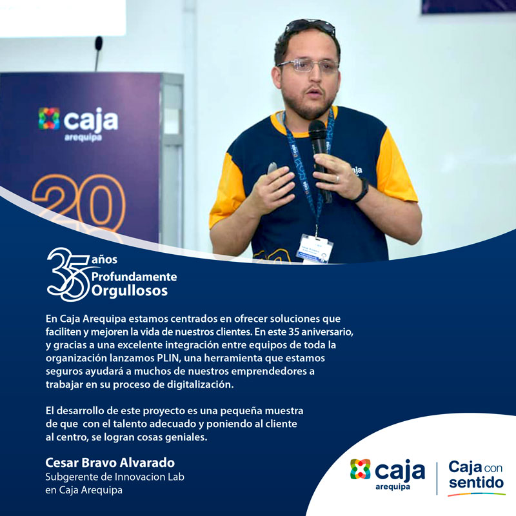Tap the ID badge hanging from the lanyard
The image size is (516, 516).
click(x=314, y=249)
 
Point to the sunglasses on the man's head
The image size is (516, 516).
click(x=310, y=26)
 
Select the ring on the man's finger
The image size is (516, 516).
click(x=337, y=179)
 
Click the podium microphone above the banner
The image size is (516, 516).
click(x=98, y=54)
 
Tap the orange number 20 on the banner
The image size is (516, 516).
click(x=79, y=201)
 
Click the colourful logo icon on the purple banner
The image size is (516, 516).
click(x=49, y=119)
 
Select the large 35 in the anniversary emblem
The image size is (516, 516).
click(x=68, y=274)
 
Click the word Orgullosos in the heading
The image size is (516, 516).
click(x=130, y=291)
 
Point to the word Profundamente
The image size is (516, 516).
click(x=134, y=277)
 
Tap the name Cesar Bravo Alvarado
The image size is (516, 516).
click(x=110, y=462)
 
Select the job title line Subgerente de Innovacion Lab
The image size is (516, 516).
click(x=115, y=477)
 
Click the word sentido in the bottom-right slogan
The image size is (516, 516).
click(x=476, y=482)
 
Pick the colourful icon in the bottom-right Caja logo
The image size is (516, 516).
click(x=360, y=469)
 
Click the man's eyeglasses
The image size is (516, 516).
click(x=308, y=66)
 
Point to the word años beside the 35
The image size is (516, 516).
click(x=104, y=260)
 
